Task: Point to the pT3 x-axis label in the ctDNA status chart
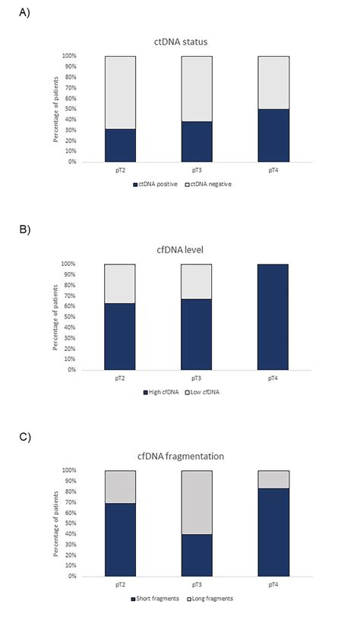tap(196, 171)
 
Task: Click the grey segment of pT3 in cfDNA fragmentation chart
tap(196, 501)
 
